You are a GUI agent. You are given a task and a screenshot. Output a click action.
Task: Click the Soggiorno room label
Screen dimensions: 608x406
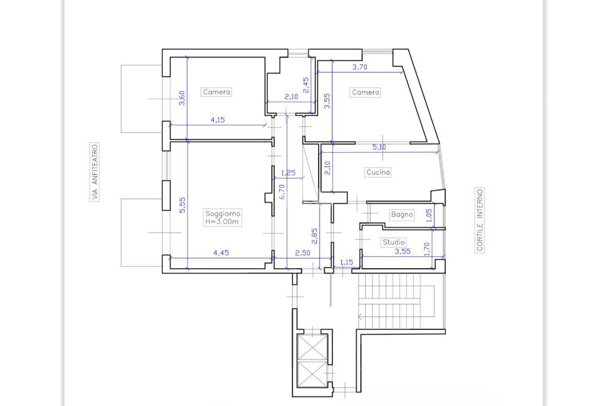click(223, 213)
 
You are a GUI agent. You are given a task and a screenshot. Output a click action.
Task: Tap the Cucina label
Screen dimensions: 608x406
click(378, 172)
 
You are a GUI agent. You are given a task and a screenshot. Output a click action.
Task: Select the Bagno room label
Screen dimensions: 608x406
click(402, 214)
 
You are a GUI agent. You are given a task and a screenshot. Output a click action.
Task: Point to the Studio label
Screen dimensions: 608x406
click(394, 242)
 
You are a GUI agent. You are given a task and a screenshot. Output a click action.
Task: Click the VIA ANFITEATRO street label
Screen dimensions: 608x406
click(95, 172)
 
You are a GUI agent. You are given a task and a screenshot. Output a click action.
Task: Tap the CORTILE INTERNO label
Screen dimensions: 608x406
click(480, 220)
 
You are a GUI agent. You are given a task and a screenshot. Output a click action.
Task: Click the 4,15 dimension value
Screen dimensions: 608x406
click(217, 120)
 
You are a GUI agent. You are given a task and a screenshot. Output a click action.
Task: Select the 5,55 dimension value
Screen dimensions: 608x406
click(182, 205)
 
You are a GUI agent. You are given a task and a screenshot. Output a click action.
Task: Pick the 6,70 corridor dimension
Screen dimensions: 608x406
click(281, 191)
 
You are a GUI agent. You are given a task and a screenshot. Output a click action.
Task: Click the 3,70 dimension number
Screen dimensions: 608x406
click(359, 67)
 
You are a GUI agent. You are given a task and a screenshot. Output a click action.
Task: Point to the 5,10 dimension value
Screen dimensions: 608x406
click(379, 147)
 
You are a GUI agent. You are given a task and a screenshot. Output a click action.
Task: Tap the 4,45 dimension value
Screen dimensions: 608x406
click(221, 253)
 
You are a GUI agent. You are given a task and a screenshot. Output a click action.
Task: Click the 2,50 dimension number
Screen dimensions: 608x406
click(302, 253)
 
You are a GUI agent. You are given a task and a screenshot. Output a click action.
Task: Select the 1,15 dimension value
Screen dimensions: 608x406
click(346, 262)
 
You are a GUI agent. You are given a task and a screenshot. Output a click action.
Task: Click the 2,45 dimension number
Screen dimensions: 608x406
click(306, 85)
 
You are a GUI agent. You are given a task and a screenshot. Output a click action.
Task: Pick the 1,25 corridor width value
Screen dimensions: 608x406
click(288, 173)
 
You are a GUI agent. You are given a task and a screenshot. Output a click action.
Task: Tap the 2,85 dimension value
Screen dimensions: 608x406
click(314, 235)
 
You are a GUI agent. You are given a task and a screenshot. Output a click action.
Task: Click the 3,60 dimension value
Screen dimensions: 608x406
click(182, 98)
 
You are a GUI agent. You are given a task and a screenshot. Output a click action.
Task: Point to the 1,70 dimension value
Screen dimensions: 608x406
click(427, 250)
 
